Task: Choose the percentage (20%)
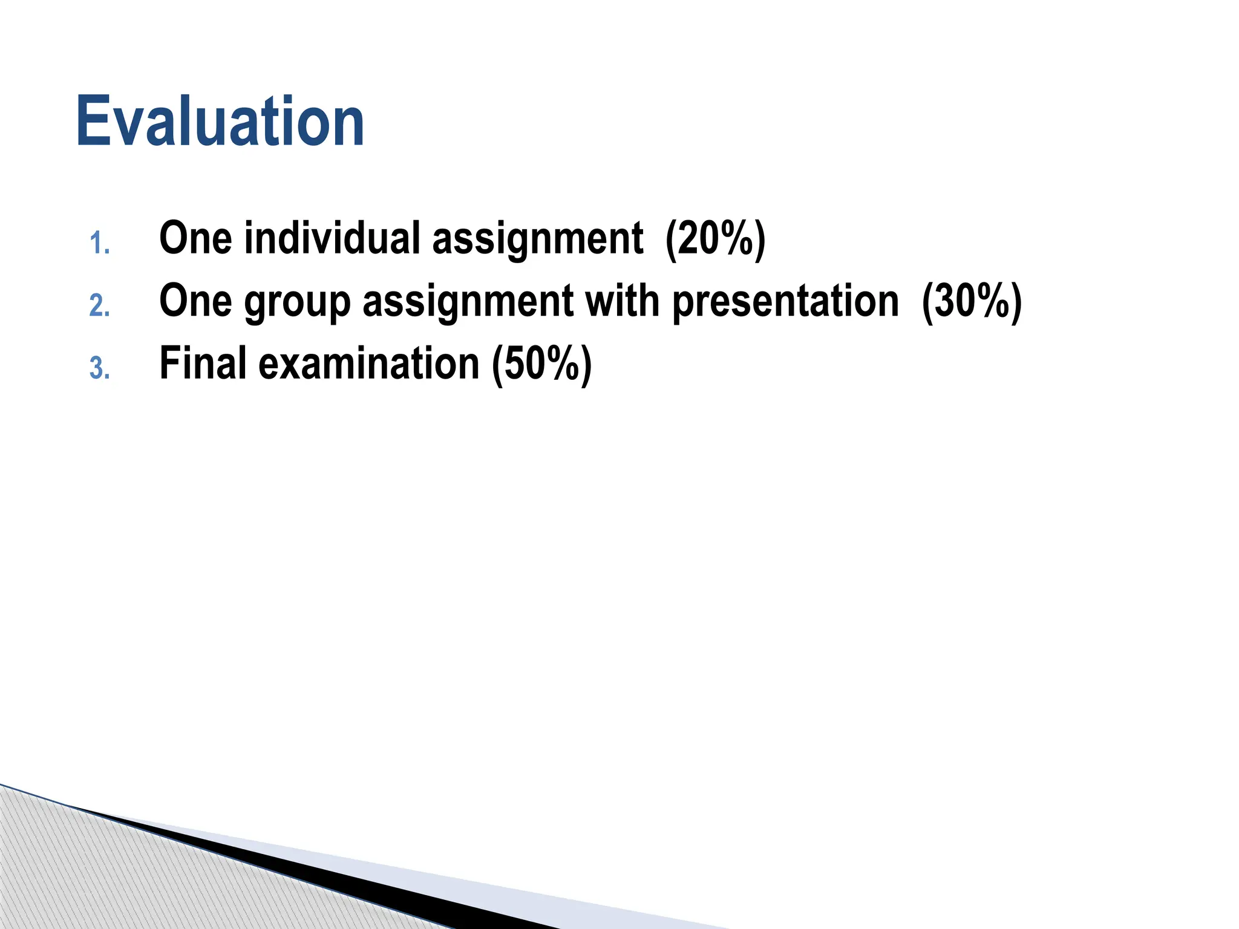(x=715, y=239)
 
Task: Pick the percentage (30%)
(x=972, y=301)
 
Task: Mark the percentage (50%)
(x=541, y=364)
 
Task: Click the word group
(x=297, y=302)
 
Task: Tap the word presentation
(x=785, y=301)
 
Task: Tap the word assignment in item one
(x=538, y=239)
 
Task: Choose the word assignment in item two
(x=468, y=301)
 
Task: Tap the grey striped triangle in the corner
(x=91, y=877)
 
